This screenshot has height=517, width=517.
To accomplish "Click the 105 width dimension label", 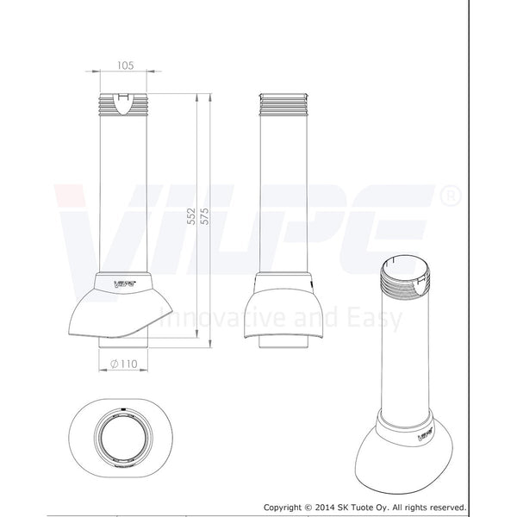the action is tap(126, 65).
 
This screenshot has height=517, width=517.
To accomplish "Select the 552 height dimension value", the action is tap(191, 216).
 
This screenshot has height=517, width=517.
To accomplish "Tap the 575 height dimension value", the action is tap(205, 216).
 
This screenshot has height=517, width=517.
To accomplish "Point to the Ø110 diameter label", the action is tap(123, 364).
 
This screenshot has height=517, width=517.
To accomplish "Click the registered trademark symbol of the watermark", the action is tap(451, 196).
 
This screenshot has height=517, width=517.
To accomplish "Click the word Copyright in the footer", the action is tap(283, 508).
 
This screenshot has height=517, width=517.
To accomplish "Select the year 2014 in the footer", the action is tap(326, 508).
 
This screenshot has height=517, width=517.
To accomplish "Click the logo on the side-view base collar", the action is tap(124, 283).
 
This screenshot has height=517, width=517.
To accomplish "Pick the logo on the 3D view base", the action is tap(425, 434).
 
